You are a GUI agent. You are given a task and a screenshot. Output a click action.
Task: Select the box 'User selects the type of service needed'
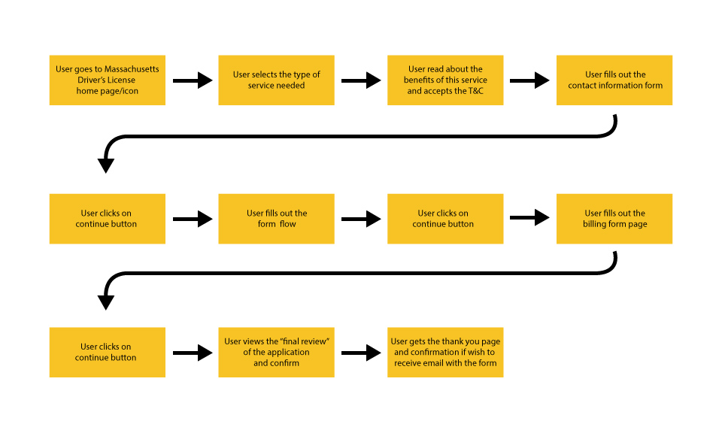[276, 80]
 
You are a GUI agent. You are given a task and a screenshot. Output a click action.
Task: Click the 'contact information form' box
[614, 80]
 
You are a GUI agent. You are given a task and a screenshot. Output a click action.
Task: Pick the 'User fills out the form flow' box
[276, 219]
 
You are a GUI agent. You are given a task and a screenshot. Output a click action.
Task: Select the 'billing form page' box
[614, 219]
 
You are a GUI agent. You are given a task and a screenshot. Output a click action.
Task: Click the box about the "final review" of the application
[276, 352]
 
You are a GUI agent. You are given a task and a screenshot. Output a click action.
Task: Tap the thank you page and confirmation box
[445, 352]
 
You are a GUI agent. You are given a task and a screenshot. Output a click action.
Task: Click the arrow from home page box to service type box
[193, 80]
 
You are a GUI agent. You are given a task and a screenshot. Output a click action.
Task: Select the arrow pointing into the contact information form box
[529, 80]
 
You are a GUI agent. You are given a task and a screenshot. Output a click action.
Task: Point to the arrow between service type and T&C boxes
[361, 80]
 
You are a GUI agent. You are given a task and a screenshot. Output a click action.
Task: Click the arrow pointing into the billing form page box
[529, 219]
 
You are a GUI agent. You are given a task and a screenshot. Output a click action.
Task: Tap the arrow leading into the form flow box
[193, 219]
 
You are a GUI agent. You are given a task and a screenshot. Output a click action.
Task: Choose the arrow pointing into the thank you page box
[361, 352]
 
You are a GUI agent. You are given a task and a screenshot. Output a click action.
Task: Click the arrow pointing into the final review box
[193, 352]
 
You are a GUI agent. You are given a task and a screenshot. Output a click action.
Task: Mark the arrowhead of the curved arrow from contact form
[106, 165]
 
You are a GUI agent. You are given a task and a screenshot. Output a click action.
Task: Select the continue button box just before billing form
[445, 219]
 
